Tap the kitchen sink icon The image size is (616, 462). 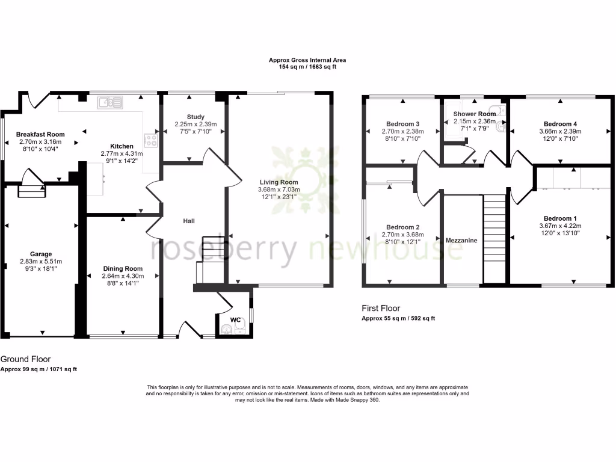(110, 103)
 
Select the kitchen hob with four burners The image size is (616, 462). (150, 141)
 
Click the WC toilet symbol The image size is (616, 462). (226, 328)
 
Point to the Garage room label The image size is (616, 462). (42, 254)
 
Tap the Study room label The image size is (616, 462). (196, 117)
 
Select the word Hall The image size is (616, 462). (189, 221)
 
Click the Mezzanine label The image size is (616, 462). (461, 240)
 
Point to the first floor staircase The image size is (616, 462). (495, 238)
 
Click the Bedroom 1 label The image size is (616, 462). (560, 218)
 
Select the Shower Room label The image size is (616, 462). (475, 114)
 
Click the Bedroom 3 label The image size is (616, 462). (402, 124)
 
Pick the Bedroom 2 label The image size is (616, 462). (402, 227)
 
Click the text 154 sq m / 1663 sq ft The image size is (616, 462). (307, 67)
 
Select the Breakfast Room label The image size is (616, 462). (40, 134)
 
